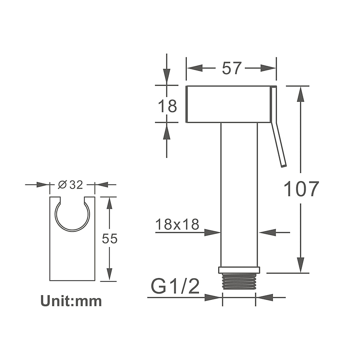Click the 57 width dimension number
[232, 68]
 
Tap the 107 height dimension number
[301, 189]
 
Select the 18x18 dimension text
[177, 224]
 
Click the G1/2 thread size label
[175, 286]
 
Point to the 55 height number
[109, 238]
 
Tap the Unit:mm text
[71, 301]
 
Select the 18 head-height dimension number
[167, 107]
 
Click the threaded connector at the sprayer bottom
[239, 281]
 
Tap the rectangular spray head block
[228, 103]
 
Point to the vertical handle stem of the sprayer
[239, 193]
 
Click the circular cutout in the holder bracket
[72, 215]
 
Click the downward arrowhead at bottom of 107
[301, 265]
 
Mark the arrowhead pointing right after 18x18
[212, 232]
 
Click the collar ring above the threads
[239, 270]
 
